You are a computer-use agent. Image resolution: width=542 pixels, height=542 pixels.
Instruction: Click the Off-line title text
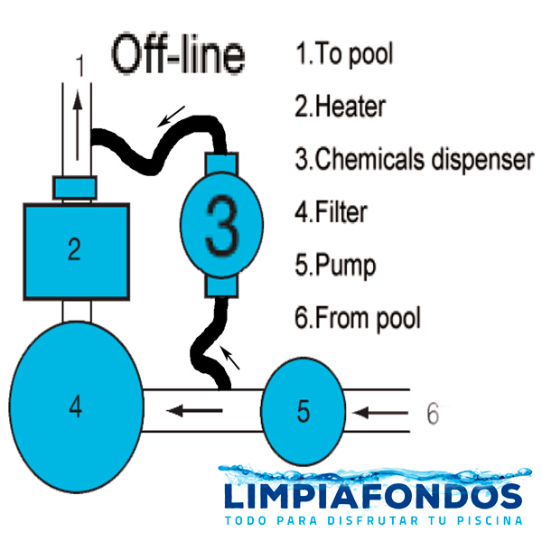(x=178, y=54)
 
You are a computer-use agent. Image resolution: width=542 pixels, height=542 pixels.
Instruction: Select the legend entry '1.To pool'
(x=344, y=53)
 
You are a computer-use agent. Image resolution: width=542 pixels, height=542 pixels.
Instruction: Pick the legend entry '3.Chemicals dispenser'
(x=414, y=159)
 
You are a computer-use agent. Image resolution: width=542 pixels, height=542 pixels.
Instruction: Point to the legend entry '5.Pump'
(x=335, y=266)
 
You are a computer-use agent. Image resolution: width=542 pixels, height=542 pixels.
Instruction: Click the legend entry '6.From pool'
(x=358, y=318)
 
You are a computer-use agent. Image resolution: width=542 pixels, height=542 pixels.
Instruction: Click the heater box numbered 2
(x=77, y=251)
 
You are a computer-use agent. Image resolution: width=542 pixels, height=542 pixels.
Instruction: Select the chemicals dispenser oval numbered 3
(x=221, y=225)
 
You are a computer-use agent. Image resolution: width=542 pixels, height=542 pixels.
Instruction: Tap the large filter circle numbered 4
(x=76, y=406)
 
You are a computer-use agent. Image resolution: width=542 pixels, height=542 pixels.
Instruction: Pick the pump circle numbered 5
(x=304, y=411)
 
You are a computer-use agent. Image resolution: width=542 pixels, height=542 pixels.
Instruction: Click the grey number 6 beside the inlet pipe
(x=433, y=414)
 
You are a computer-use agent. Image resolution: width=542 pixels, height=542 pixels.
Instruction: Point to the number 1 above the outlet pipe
(x=79, y=65)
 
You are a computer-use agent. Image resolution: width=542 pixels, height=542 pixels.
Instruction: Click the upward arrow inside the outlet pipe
(x=79, y=126)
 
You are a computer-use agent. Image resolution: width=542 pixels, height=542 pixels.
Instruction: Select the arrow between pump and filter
(x=194, y=411)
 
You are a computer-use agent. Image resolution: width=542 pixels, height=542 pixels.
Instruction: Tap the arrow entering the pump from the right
(x=380, y=413)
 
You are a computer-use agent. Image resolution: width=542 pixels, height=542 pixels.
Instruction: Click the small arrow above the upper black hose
(x=171, y=117)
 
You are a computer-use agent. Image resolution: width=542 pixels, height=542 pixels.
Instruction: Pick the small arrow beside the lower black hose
(x=230, y=358)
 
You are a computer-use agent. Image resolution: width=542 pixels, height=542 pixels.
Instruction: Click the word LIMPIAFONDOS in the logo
(x=373, y=496)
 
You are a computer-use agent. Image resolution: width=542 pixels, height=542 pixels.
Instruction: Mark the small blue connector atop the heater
(x=75, y=188)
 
